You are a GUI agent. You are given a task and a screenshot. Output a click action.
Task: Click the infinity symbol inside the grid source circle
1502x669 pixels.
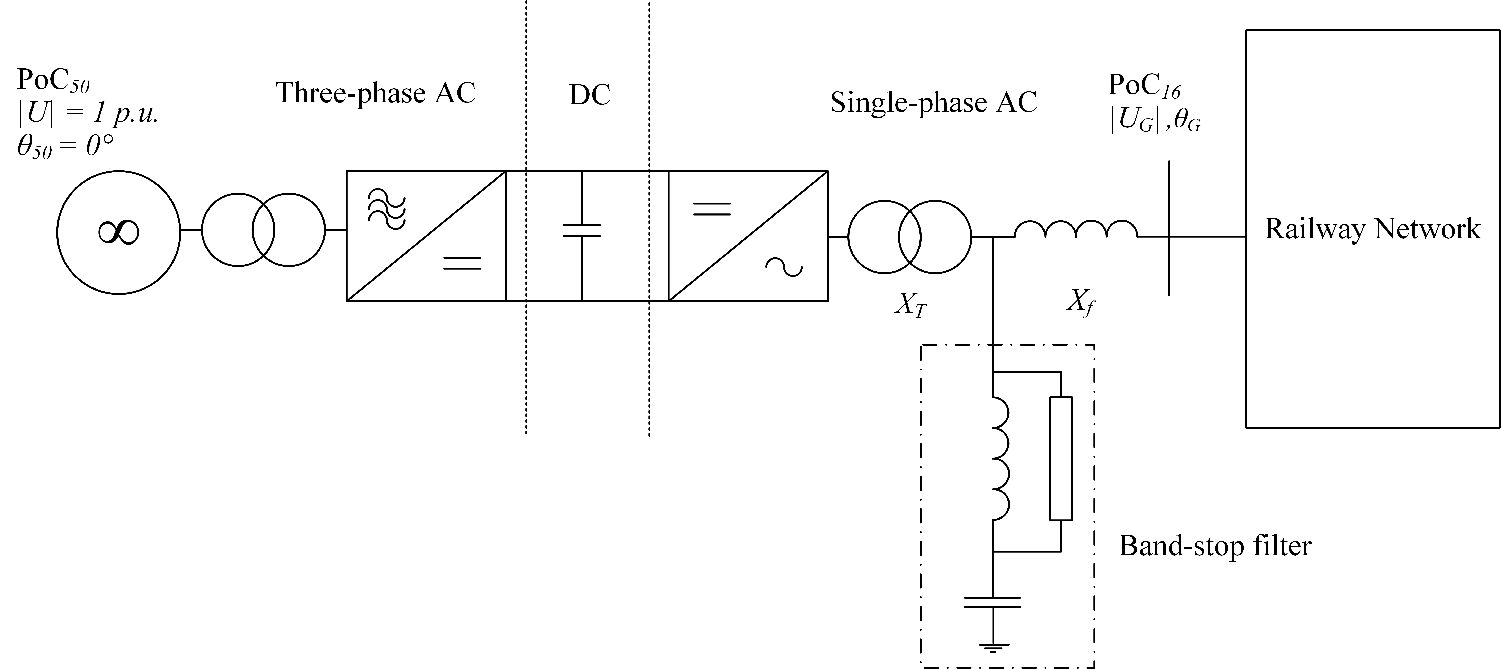click(x=118, y=232)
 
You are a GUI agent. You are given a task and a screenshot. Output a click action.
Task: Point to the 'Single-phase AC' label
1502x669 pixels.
click(x=933, y=103)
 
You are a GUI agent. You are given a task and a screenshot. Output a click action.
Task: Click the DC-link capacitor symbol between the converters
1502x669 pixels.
click(x=581, y=231)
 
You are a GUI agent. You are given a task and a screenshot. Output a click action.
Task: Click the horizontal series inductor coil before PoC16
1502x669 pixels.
click(x=1076, y=230)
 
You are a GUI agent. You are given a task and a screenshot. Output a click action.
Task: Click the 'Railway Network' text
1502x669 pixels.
click(x=1372, y=228)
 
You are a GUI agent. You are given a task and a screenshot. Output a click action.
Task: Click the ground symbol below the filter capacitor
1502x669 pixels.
click(x=992, y=646)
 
